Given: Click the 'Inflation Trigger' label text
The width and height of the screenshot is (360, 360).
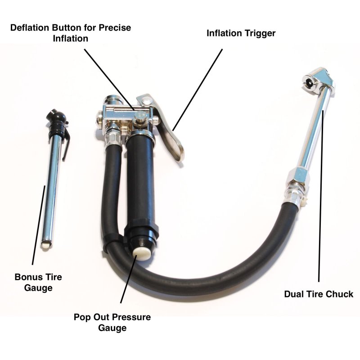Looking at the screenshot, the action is click(241, 33).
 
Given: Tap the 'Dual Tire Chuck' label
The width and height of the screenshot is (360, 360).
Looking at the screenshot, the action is click(319, 294).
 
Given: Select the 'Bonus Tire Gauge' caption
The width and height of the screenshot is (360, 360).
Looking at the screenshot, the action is click(38, 282).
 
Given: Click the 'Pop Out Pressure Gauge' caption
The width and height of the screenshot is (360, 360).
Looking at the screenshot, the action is click(112, 322).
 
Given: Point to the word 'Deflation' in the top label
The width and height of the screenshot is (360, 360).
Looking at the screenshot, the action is click(30, 27).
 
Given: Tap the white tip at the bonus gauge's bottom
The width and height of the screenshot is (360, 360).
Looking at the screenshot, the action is click(47, 245).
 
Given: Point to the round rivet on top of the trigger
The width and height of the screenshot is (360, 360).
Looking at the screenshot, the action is click(147, 100).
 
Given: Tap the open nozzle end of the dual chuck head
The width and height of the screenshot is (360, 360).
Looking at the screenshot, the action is click(309, 81).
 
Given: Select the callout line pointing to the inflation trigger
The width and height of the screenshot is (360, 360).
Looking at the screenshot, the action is click(198, 90).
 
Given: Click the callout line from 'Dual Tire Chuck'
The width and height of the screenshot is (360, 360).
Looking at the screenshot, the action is click(321, 196).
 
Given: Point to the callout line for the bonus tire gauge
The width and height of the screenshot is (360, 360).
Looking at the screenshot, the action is click(39, 225).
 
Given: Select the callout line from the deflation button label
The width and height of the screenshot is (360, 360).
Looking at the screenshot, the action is click(109, 80).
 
